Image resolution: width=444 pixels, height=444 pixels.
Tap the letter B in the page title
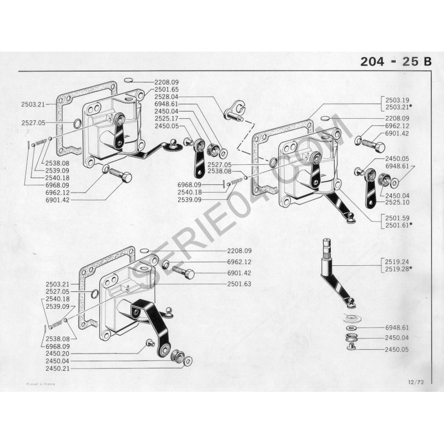tap(427, 62)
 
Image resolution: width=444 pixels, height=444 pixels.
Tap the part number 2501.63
tap(239, 284)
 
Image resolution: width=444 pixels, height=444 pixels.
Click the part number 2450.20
tap(58, 353)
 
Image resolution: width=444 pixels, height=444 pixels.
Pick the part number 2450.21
tap(58, 368)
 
